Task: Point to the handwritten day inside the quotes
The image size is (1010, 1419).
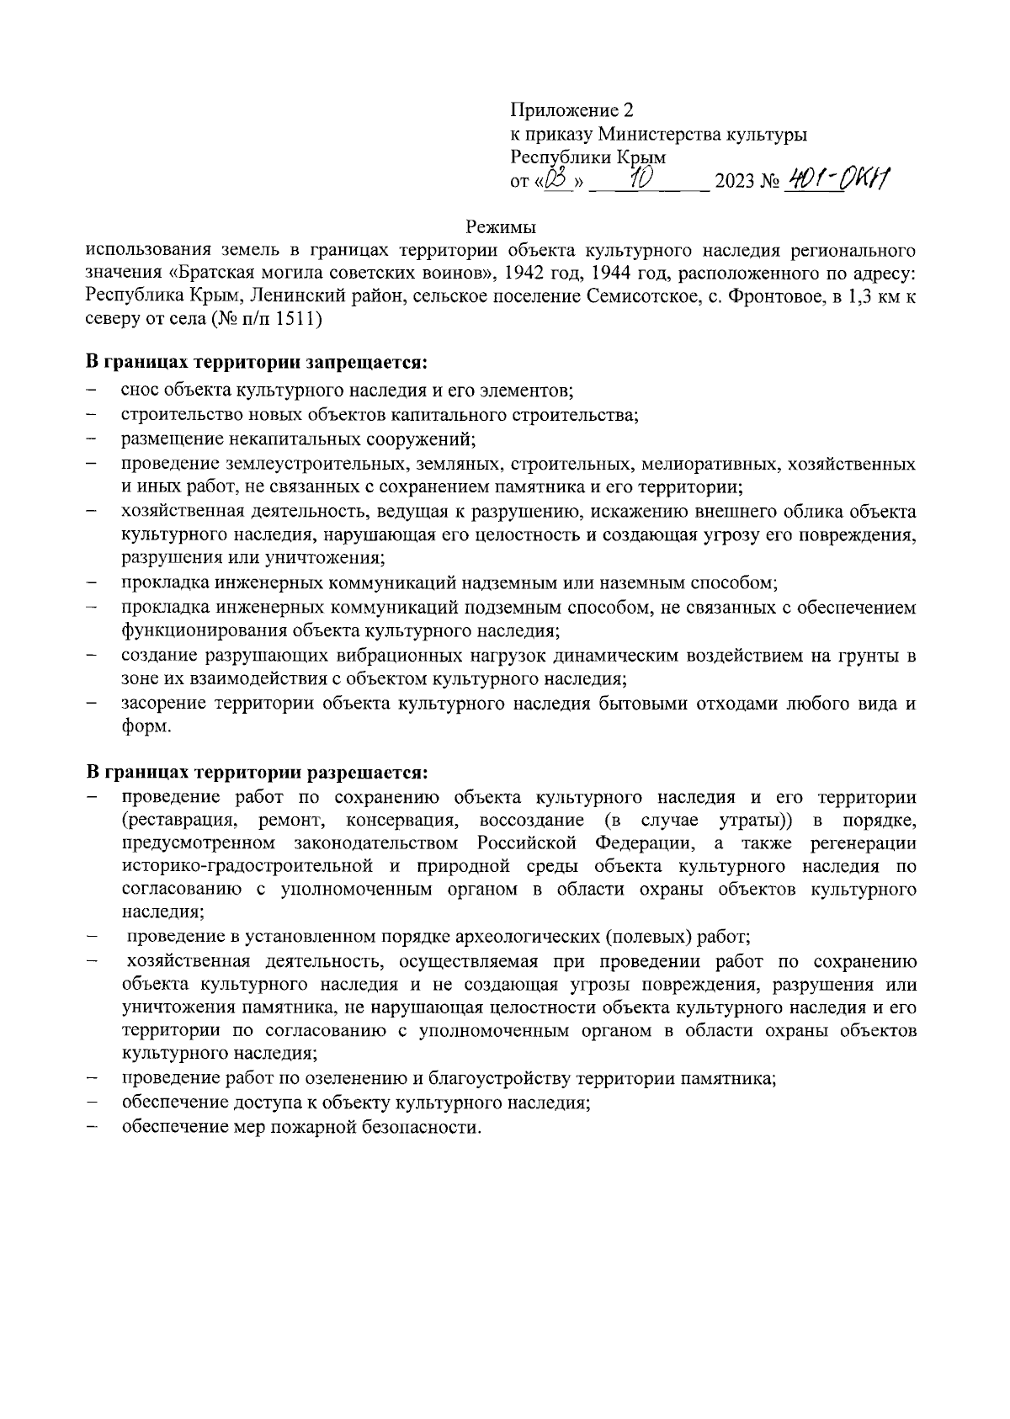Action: [x=557, y=178]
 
